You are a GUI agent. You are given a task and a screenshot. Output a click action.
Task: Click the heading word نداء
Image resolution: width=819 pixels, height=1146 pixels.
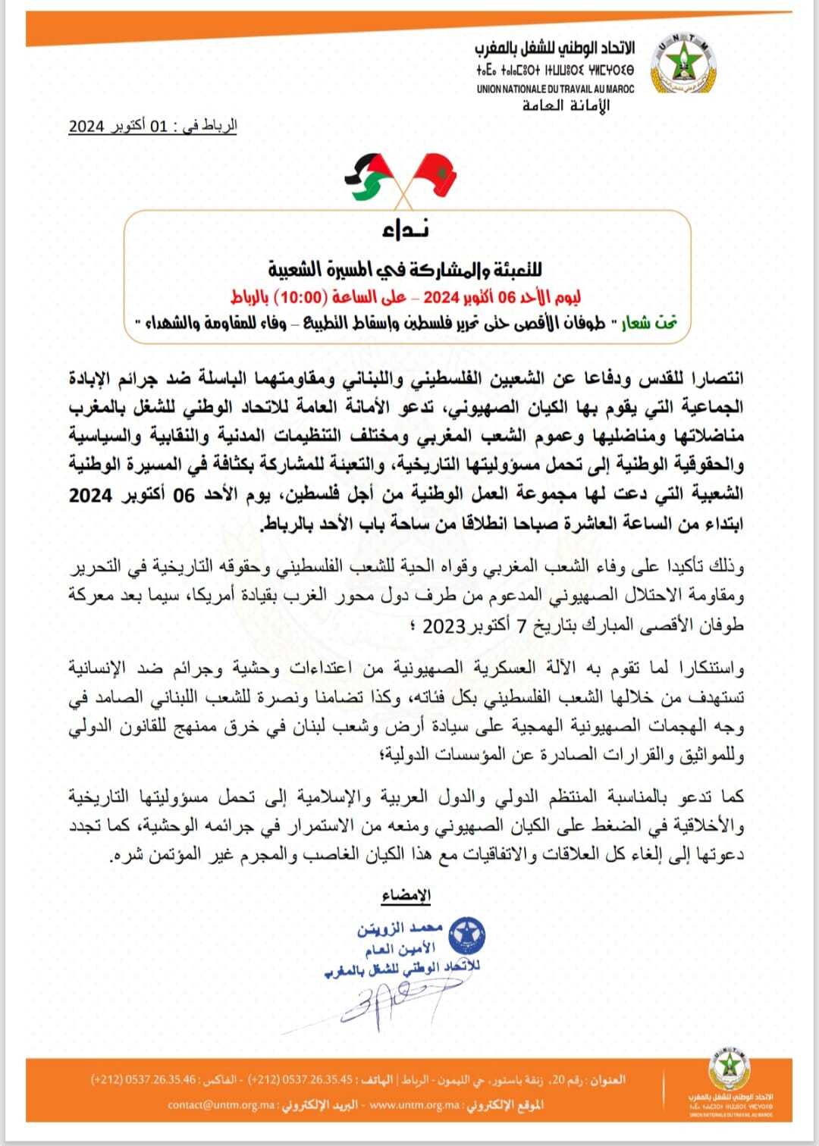(406, 230)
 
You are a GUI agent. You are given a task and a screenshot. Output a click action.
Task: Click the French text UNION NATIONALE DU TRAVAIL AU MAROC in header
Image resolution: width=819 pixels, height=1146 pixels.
(555, 89)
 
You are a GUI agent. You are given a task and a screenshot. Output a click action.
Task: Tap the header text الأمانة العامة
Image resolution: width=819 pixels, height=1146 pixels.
(566, 105)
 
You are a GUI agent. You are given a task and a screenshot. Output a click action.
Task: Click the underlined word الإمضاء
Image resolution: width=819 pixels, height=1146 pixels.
(406, 895)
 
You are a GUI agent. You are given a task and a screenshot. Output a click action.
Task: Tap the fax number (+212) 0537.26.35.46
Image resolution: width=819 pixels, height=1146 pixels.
(143, 1079)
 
